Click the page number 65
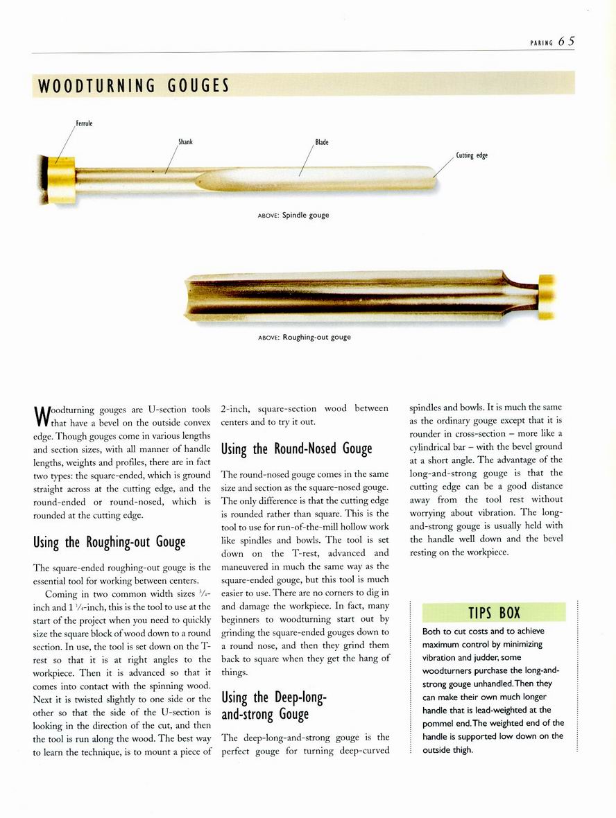click(566, 41)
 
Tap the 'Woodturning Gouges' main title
click(133, 86)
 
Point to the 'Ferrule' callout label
click(84, 124)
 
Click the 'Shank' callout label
click(185, 142)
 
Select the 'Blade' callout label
click(322, 142)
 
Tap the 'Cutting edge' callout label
click(472, 155)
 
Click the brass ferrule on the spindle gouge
click(61, 179)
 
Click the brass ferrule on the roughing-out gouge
click(547, 296)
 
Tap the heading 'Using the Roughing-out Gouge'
click(109, 541)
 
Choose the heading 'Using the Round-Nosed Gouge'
click(296, 449)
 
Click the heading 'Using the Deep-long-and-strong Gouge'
click(273, 705)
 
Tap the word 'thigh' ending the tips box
click(461, 749)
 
